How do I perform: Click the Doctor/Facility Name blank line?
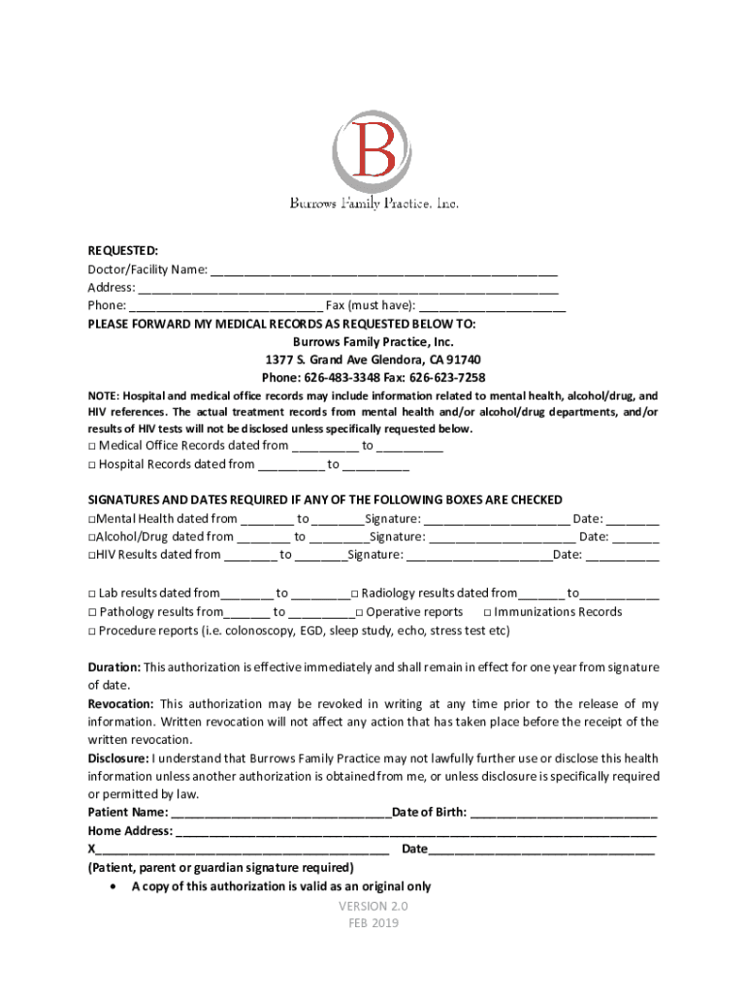tap(384, 271)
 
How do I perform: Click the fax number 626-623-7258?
tap(447, 377)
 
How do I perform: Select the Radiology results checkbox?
tap(355, 593)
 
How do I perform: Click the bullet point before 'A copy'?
tap(115, 886)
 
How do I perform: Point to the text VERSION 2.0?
tap(373, 906)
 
